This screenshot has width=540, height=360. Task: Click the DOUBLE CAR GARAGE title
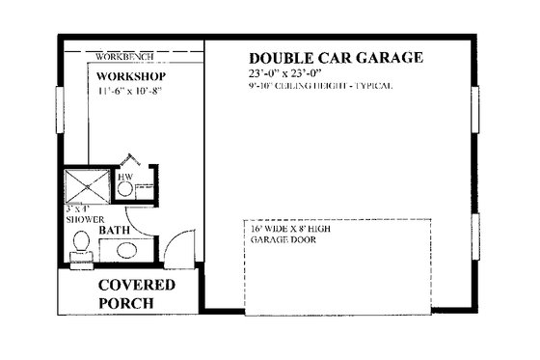click(336, 58)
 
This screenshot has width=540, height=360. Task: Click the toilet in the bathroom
click(81, 245)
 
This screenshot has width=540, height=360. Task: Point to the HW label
click(124, 178)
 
